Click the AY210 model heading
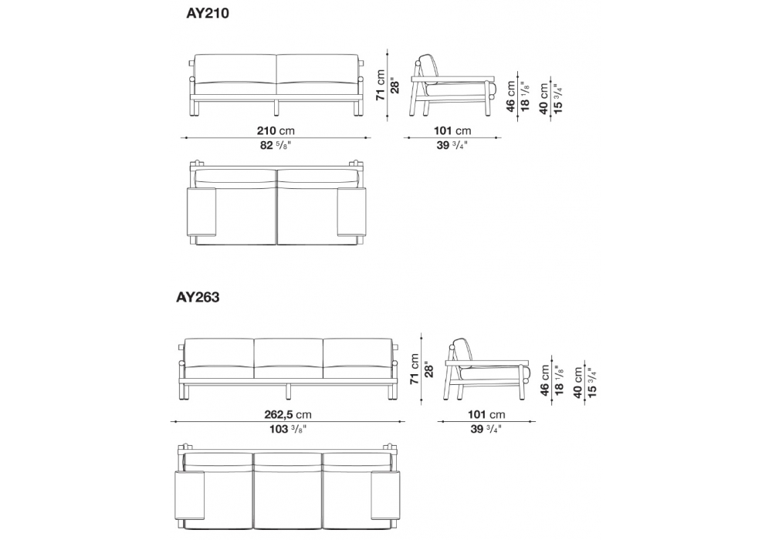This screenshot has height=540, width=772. (x=207, y=13)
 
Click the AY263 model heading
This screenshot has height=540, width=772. (x=198, y=298)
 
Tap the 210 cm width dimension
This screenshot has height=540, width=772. (x=276, y=131)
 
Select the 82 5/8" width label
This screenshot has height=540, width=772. (x=276, y=146)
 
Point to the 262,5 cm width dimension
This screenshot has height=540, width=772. (x=288, y=414)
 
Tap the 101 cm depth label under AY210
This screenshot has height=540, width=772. (x=452, y=131)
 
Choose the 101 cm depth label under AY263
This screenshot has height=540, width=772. (x=486, y=414)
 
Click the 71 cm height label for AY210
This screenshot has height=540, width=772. (x=381, y=85)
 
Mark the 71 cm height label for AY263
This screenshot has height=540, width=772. (x=415, y=369)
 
